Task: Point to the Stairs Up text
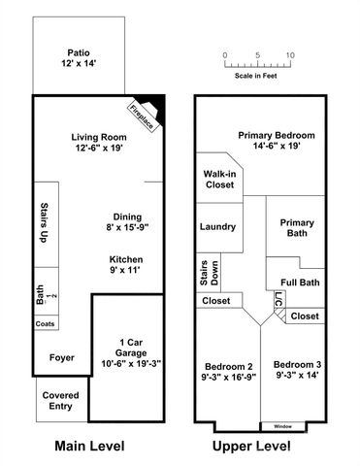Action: click(45, 223)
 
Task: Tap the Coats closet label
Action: click(45, 323)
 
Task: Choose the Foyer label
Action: click(62, 357)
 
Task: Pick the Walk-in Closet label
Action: click(218, 180)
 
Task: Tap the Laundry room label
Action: click(218, 226)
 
